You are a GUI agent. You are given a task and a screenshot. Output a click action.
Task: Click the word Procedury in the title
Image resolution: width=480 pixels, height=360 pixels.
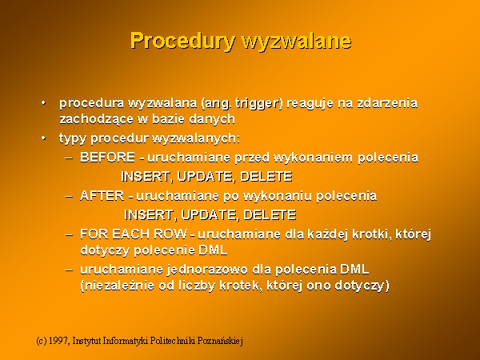[183, 41]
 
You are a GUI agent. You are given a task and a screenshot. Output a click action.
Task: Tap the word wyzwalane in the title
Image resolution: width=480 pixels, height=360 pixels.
[296, 41]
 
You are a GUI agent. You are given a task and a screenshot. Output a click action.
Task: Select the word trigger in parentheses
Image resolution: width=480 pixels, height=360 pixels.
[259, 104]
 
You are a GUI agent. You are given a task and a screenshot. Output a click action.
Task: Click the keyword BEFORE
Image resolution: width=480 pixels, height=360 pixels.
[107, 158]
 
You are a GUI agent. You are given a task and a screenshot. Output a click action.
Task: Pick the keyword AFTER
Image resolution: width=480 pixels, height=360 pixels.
[102, 196]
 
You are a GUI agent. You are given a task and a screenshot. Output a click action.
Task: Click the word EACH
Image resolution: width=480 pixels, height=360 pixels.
[131, 234]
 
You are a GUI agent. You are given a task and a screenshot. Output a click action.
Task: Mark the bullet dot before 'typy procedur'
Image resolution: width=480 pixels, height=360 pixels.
[43, 138]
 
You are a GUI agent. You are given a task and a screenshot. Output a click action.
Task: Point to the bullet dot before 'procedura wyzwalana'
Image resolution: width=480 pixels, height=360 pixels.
[43, 102]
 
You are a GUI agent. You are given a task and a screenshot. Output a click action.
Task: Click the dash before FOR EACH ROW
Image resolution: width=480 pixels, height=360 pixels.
[69, 234]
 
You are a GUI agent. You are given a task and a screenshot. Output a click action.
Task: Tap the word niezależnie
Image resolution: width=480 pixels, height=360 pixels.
[118, 286]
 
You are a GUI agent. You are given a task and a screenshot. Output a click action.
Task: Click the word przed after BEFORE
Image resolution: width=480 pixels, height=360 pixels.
[252, 158]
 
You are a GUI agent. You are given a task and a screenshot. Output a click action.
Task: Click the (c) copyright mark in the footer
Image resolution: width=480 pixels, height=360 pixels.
[42, 341]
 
